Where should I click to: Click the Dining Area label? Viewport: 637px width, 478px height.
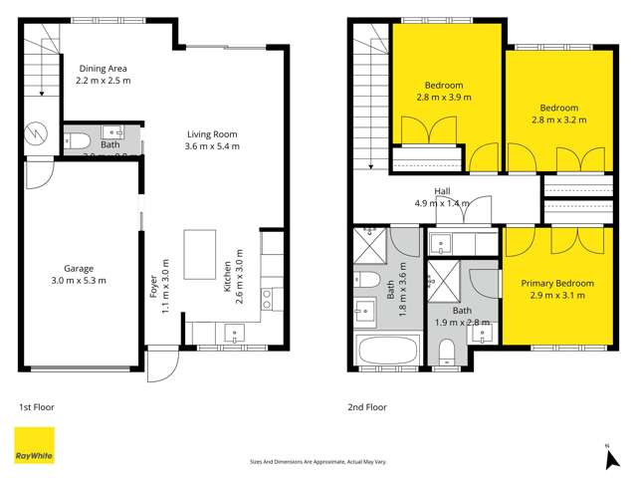(x=104, y=68)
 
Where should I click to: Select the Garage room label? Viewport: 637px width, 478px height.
(x=79, y=268)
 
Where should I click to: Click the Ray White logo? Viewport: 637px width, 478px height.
(x=34, y=445)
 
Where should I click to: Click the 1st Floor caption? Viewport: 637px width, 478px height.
(x=38, y=406)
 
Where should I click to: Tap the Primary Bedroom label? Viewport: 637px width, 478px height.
(x=557, y=284)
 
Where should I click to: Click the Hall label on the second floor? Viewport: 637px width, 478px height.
(x=443, y=191)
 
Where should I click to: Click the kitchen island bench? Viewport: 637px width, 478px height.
(x=199, y=254)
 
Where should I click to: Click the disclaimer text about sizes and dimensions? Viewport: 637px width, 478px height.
(x=318, y=461)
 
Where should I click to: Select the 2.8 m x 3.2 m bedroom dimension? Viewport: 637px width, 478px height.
(x=558, y=119)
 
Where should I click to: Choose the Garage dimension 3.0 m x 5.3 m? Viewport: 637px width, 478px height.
(x=79, y=280)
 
